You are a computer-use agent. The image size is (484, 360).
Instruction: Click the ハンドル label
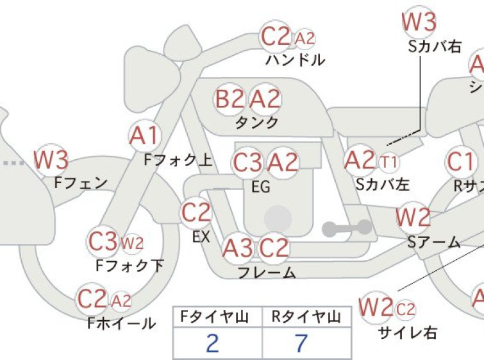296,61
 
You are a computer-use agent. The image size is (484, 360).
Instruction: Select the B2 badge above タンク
229,100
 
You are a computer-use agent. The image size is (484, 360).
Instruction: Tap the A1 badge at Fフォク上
144,135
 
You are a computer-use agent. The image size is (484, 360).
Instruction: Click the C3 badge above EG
247,162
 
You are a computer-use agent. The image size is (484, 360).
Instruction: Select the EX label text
201,237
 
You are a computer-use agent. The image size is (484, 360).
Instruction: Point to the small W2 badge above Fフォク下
132,243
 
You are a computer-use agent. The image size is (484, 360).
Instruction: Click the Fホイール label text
121,323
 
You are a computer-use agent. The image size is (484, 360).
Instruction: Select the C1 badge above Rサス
460,163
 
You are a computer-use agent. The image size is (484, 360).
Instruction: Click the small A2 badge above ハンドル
305,39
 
